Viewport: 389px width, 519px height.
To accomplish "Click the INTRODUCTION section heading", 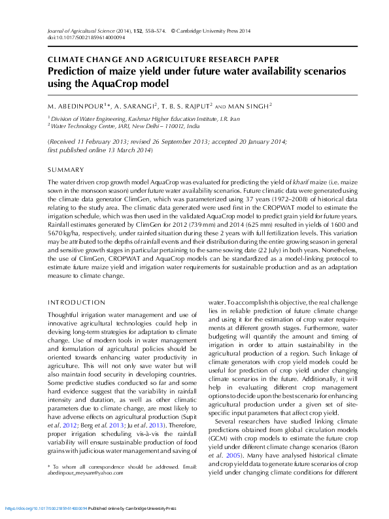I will point(76,302).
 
